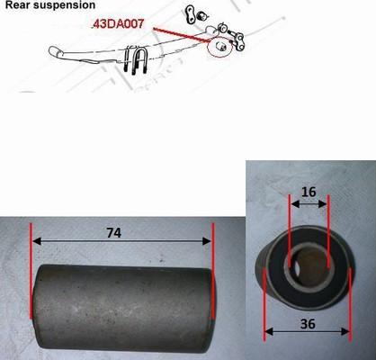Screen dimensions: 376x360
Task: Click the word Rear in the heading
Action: [15, 5]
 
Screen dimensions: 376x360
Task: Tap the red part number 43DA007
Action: [119, 24]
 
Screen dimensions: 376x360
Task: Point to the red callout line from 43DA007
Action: [183, 35]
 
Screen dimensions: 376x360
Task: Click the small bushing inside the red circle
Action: [221, 47]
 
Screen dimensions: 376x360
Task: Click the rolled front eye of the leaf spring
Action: [57, 51]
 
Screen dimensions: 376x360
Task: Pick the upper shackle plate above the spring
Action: [191, 14]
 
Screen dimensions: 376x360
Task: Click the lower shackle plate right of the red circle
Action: [239, 40]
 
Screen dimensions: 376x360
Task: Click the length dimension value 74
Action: [114, 232]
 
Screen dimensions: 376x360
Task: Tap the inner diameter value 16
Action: [309, 192]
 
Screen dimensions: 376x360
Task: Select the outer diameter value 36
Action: [308, 324]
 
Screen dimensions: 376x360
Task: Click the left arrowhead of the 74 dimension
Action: [37, 241]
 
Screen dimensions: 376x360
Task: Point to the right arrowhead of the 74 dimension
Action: [207, 241]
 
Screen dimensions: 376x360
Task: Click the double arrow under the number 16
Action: [309, 204]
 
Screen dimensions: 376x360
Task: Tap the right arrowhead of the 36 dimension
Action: [345, 331]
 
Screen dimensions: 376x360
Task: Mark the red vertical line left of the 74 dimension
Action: [31, 270]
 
